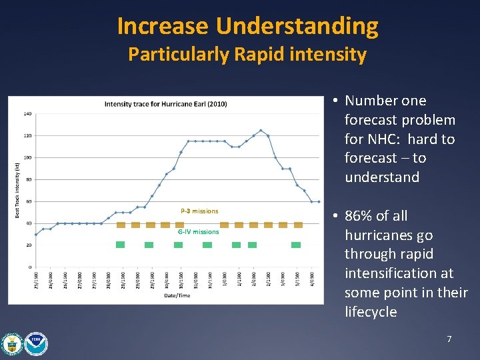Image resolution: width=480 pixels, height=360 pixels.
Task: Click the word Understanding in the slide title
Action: click(297, 27)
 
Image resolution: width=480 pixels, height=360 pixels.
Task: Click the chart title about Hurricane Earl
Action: click(165, 103)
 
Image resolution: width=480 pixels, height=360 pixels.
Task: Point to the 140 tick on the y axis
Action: click(27, 114)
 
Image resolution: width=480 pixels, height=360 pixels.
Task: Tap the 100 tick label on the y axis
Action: click(27, 158)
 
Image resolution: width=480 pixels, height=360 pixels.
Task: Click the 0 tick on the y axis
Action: click(29, 267)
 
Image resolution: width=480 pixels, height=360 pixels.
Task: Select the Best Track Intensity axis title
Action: click(17, 189)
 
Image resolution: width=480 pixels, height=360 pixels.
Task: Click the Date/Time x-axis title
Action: click(174, 295)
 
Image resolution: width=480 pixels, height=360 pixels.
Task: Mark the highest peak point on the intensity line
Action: click(261, 131)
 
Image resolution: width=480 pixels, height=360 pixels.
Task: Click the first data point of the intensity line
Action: click(36, 235)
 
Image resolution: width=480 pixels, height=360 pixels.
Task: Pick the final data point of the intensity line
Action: click(319, 202)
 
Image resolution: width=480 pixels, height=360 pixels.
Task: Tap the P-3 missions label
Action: click(199, 211)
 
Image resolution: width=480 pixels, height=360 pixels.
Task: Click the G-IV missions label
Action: click(198, 232)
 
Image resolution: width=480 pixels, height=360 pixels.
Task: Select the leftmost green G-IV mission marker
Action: click(120, 245)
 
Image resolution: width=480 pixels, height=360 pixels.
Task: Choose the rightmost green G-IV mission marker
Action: click(296, 245)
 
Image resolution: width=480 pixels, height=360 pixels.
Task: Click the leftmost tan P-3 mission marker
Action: click(121, 225)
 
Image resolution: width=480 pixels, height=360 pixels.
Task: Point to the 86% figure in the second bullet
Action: click(359, 216)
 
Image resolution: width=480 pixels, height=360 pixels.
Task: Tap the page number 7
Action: click(449, 340)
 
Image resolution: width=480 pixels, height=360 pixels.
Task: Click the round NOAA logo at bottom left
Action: click(36, 343)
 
